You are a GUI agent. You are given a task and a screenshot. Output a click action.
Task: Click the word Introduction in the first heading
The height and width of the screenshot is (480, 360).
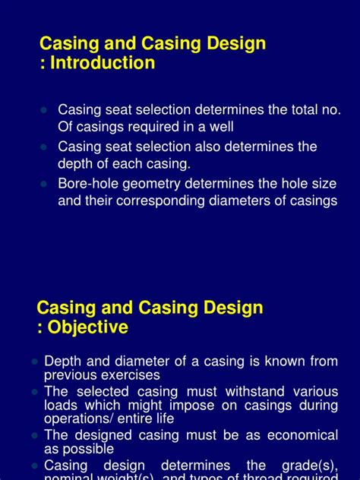click(104, 63)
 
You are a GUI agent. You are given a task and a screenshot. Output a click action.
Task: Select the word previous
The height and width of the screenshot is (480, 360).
click(70, 374)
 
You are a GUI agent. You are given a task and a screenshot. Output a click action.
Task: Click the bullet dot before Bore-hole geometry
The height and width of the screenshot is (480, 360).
click(44, 183)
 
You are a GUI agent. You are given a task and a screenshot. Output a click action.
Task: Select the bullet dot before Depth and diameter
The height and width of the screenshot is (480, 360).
click(34, 362)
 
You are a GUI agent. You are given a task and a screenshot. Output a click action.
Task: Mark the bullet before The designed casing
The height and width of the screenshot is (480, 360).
click(34, 435)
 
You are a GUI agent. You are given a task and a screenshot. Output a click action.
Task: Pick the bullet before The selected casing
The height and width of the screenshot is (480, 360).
click(34, 391)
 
